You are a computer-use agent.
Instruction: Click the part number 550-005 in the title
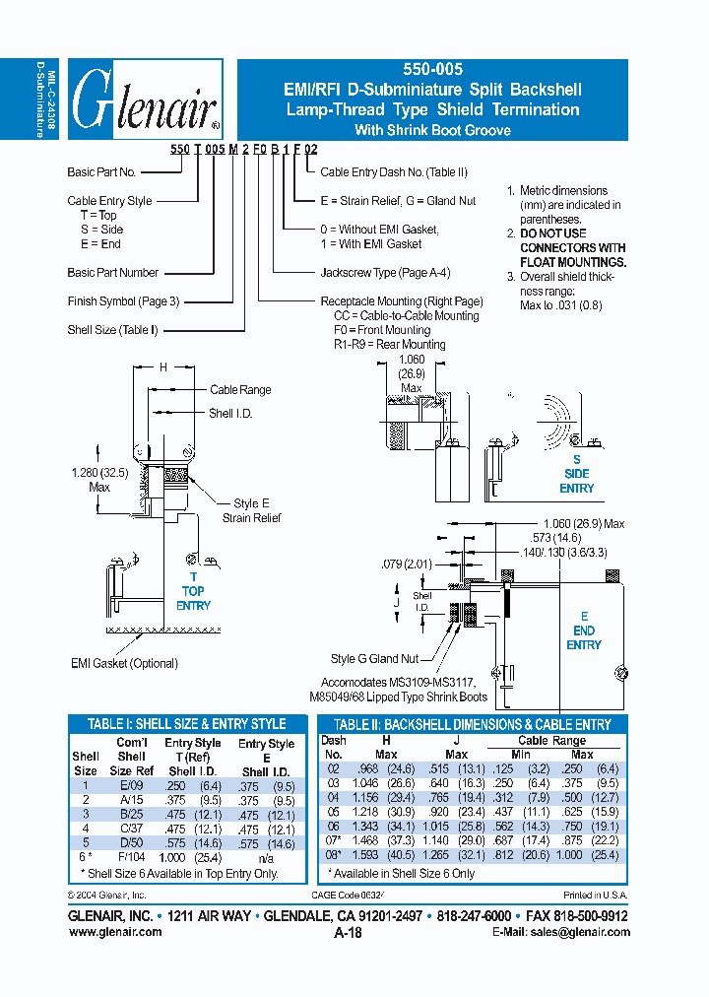click(431, 70)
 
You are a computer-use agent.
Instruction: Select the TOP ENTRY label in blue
click(193, 591)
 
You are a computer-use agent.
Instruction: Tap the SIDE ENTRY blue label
click(576, 474)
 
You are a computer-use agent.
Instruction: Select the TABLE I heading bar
click(187, 724)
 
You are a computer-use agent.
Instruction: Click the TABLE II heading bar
click(472, 724)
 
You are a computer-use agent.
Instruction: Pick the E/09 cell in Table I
click(131, 785)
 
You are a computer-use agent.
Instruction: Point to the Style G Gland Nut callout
click(374, 659)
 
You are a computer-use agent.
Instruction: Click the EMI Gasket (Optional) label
click(124, 663)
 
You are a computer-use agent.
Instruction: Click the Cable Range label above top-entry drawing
click(240, 390)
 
